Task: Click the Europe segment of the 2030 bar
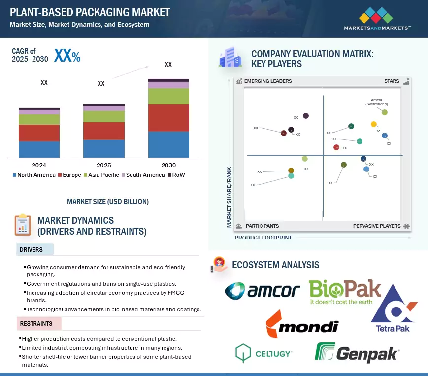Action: coord(168,118)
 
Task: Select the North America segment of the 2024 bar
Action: coord(39,149)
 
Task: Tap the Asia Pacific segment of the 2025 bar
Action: coord(103,116)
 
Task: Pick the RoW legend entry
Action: coord(176,175)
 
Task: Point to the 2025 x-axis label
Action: coord(103,165)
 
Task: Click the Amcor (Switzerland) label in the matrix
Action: coord(376,102)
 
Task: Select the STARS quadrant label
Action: coord(392,81)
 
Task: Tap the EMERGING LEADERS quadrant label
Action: coord(268,81)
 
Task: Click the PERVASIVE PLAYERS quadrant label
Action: coord(377,226)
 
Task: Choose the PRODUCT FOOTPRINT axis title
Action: coord(263,238)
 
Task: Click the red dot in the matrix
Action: coord(336,147)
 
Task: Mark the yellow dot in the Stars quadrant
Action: coord(374,124)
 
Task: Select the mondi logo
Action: coord(302,325)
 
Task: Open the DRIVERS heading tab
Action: coord(31,249)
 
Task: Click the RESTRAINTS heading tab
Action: coord(36,324)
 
